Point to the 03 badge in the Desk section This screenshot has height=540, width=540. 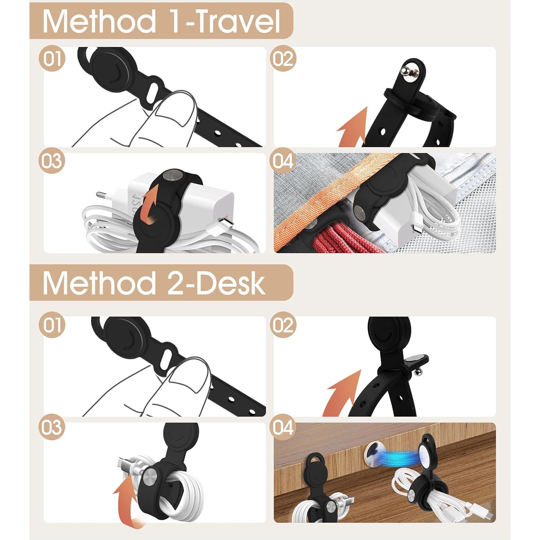(52, 427)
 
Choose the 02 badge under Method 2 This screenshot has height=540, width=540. (283, 325)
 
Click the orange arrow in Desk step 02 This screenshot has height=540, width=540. (342, 394)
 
